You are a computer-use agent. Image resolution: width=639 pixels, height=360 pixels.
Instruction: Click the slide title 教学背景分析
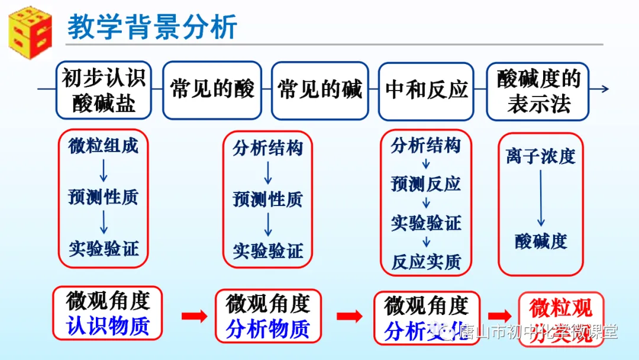152,27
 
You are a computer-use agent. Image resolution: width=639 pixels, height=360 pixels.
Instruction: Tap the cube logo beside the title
29,28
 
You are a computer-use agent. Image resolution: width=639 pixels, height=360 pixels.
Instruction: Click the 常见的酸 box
212,90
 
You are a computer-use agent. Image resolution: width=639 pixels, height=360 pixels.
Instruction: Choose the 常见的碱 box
320,90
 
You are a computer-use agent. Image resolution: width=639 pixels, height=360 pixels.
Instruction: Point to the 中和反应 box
427,90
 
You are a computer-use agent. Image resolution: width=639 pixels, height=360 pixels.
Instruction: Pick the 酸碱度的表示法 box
538,90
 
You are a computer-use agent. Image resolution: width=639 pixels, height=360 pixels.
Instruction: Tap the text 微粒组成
104,146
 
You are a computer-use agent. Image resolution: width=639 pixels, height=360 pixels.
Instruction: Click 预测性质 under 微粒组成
104,197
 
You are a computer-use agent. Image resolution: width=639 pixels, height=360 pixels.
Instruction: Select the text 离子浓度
541,156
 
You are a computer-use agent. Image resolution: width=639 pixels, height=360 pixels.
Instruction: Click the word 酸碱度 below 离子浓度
541,241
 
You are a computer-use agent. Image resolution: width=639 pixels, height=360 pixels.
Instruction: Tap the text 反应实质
426,262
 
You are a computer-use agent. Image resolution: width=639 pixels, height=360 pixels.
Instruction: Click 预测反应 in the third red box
426,184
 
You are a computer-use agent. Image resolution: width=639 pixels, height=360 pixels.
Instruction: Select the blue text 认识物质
107,326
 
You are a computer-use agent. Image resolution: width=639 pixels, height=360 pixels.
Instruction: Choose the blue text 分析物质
267,329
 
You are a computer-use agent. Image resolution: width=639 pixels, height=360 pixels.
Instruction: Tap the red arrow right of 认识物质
194,316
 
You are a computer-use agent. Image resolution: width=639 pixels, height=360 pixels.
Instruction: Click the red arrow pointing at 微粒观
500,316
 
